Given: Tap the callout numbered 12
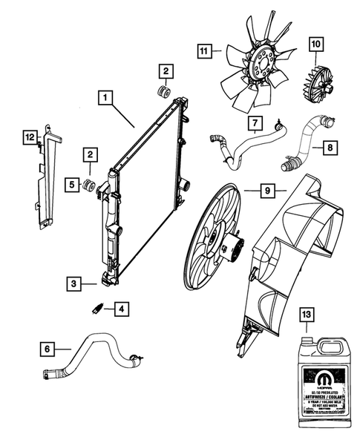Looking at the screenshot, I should (29, 137).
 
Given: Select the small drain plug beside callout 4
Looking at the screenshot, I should (96, 306).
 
